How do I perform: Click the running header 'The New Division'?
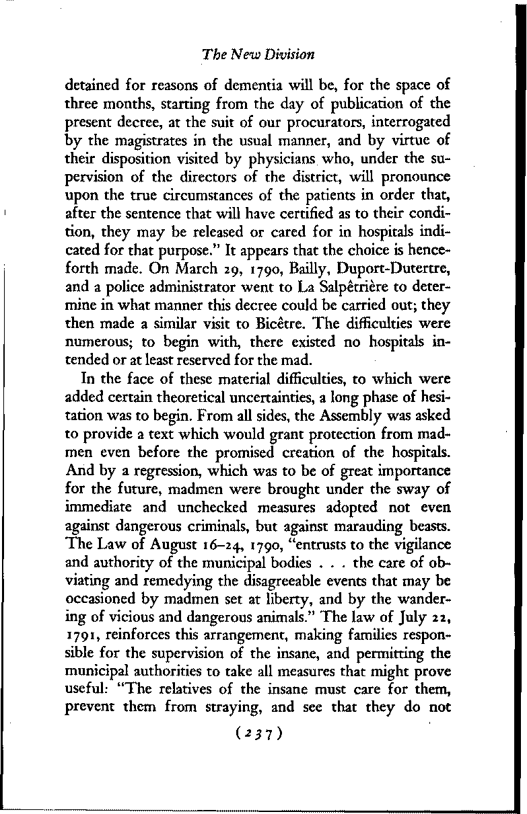click(x=258, y=53)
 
